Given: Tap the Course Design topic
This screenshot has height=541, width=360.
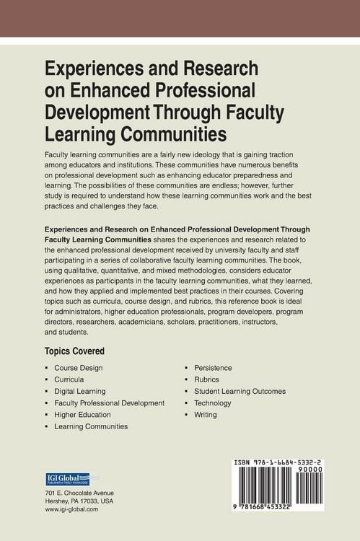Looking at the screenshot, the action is coord(78,367).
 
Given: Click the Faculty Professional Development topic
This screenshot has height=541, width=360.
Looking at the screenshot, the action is coord(109,403).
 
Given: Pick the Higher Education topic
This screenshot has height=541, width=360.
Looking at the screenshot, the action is coord(82,415).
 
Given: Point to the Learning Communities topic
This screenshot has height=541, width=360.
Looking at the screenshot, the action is coord(91,426).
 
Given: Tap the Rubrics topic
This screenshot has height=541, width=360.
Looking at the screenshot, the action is coord(206,379).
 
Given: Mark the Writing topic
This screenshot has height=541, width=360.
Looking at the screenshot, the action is coord(205,415).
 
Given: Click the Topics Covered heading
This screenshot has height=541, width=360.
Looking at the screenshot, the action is coord(74,351).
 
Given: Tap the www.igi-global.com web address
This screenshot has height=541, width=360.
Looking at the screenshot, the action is coord(71,509).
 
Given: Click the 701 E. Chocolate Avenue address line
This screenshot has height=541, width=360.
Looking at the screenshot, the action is coord(79,492).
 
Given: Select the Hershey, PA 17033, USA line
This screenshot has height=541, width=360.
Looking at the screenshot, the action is coord(78,501).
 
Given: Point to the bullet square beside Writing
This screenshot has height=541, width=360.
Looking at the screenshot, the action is coord(187,415).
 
